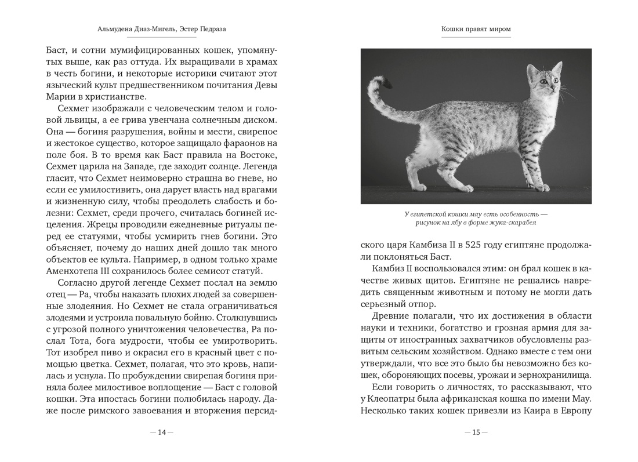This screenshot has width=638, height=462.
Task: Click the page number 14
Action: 162,432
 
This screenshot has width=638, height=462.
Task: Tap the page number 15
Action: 476,432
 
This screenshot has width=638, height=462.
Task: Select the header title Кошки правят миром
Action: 476,29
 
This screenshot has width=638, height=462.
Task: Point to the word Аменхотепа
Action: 73,271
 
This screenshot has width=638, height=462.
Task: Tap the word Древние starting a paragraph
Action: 390,316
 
